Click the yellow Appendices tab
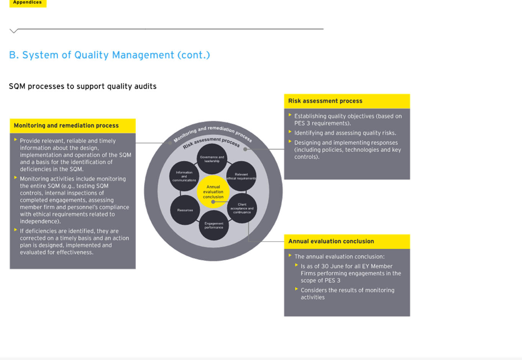pos(28,3)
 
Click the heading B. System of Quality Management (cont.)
pos(110,55)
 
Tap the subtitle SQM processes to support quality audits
pos(82,86)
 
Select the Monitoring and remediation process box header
pos(72,126)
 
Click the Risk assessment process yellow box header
pos(347,101)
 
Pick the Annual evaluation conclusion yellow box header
pos(347,241)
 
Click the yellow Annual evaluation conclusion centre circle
pos(213,191)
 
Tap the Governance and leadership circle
pos(212,159)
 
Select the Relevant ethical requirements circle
pos(241,176)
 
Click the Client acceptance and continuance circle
pos(242,208)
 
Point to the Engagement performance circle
pos(214,226)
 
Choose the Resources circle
pos(185,210)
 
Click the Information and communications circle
pos(184,176)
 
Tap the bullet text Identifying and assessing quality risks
pos(345,133)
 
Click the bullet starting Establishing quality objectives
pos(348,119)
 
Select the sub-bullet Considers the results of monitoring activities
pos(347,294)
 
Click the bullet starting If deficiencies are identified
pos(74,242)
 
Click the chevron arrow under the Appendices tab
pos(13,31)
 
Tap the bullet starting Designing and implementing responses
pos(347,150)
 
